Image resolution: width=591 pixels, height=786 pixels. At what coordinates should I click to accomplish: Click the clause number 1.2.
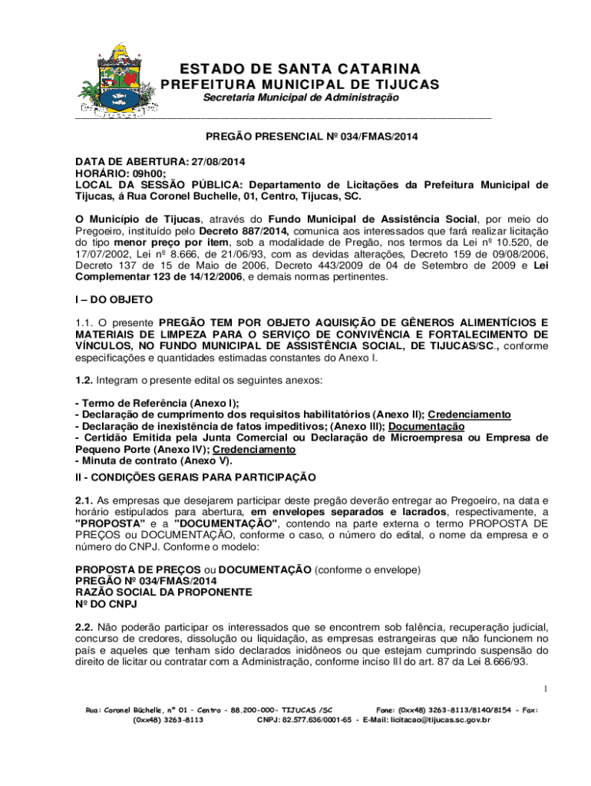[84, 381]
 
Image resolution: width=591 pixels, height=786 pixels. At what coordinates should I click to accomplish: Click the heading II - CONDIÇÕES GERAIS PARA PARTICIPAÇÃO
[195, 477]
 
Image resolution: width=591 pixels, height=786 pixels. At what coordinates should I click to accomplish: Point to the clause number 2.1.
[84, 500]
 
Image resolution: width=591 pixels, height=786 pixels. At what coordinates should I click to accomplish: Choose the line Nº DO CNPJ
[106, 604]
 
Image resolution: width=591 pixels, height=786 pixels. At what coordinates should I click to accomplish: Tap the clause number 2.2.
[84, 627]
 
